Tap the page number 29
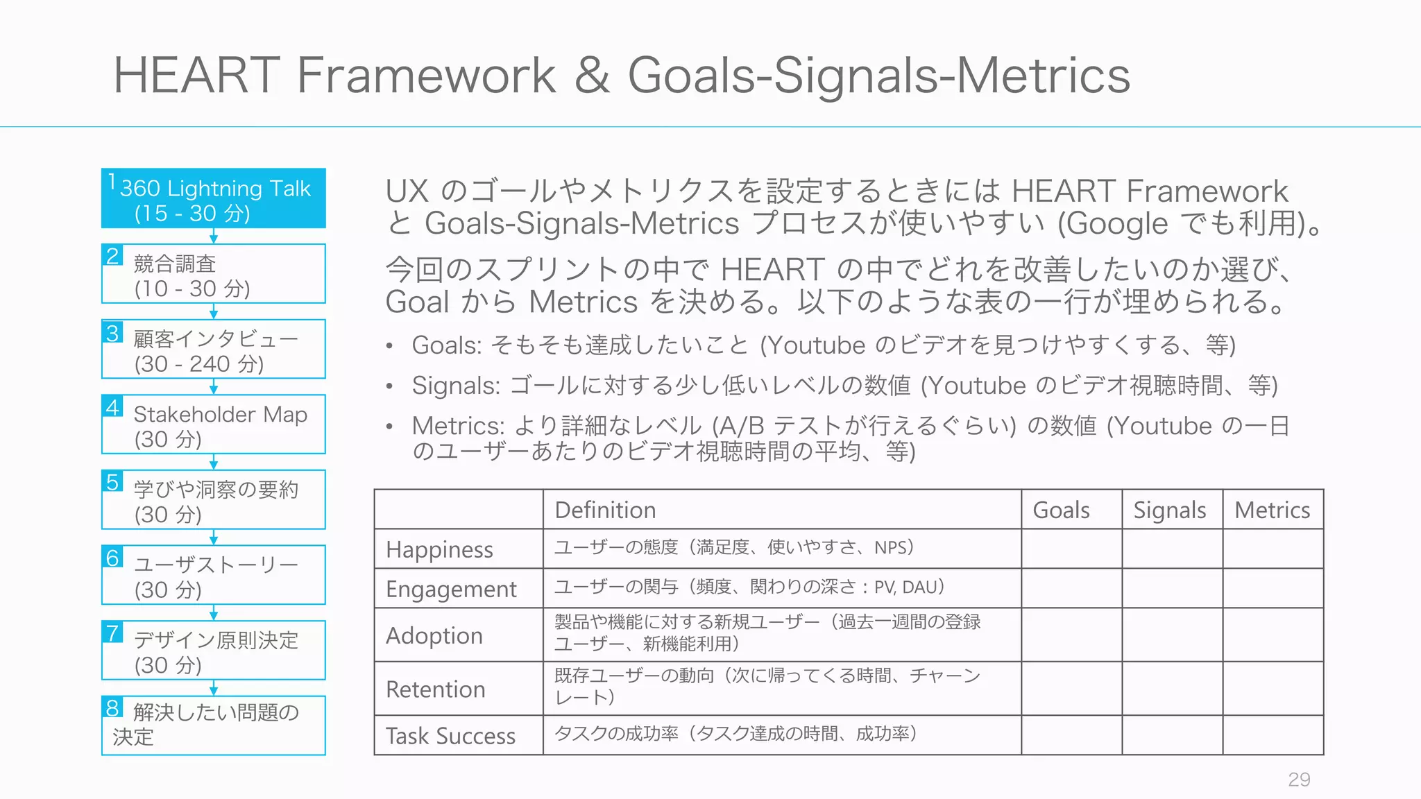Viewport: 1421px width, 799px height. [x=1299, y=780]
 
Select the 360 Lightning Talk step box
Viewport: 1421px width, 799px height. [x=214, y=199]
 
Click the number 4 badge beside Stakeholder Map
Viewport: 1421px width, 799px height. [x=112, y=406]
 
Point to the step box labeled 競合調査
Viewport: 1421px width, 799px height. [x=214, y=275]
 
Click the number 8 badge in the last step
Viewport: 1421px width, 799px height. [x=112, y=708]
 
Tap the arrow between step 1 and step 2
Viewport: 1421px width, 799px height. [x=214, y=237]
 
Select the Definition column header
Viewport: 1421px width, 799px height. [x=605, y=510]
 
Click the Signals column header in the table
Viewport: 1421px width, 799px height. [x=1170, y=510]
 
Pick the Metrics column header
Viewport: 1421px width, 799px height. [x=1272, y=510]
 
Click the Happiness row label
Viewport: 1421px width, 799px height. [x=439, y=550]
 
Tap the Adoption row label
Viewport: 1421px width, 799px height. [x=434, y=636]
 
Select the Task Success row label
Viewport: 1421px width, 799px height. [x=450, y=736]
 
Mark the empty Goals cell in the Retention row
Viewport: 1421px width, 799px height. [x=1071, y=689]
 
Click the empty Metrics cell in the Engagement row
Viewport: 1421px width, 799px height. [x=1273, y=589]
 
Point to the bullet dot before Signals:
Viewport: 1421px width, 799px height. [x=390, y=386]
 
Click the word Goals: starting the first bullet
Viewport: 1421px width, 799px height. [x=446, y=345]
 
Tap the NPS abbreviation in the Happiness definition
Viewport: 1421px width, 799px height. [x=890, y=548]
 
